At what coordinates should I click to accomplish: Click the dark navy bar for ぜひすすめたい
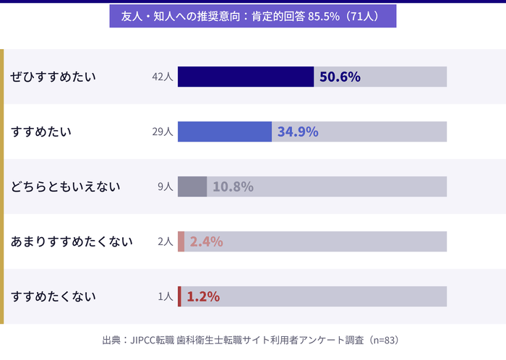coord(246,77)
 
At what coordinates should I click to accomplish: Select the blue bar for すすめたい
coord(225,132)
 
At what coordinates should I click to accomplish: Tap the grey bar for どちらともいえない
coord(192,187)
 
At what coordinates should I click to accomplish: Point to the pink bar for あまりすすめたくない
coord(181,241)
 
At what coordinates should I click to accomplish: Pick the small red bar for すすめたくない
coord(180,296)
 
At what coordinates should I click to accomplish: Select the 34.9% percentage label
coord(298,132)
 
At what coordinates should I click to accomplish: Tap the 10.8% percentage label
coord(233,187)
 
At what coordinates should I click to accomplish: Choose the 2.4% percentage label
coord(206,241)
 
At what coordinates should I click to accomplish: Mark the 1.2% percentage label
coord(203,296)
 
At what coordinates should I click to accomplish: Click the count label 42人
coord(163,77)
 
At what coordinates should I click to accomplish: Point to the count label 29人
coord(163,132)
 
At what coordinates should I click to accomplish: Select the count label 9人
coord(166,187)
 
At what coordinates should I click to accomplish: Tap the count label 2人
coord(166,241)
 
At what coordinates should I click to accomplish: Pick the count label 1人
coord(166,296)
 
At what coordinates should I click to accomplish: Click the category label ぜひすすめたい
coord(53,77)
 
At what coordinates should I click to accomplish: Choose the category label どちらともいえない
coord(66,187)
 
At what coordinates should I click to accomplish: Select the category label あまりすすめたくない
coord(72,241)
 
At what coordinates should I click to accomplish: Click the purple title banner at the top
coord(253,16)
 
